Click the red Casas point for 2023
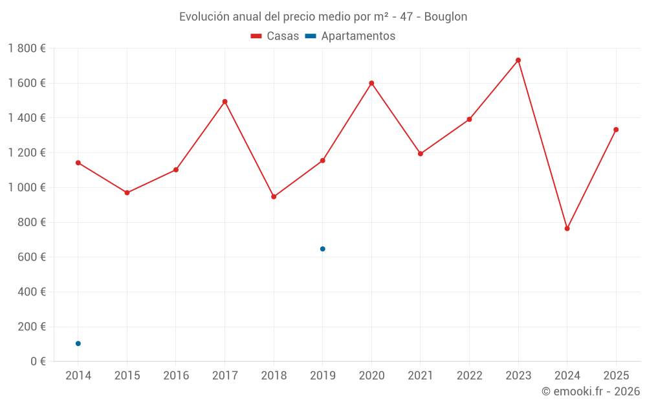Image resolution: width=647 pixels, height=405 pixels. pyautogui.click(x=518, y=60)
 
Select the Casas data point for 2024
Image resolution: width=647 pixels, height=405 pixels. pyautogui.click(x=567, y=229)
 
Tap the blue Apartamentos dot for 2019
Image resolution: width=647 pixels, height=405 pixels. pyautogui.click(x=323, y=249)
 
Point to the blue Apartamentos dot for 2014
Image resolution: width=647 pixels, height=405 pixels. pyautogui.click(x=78, y=343)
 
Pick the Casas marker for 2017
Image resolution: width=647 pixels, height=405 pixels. pyautogui.click(x=225, y=102)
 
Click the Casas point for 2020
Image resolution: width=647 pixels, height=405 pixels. pyautogui.click(x=371, y=83)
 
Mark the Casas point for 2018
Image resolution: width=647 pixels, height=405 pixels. pyautogui.click(x=274, y=196)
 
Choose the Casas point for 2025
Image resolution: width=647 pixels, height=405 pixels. pyautogui.click(x=616, y=130)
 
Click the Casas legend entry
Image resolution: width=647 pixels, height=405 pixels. pyautogui.click(x=275, y=36)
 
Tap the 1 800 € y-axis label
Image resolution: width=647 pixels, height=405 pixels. pyautogui.click(x=27, y=49)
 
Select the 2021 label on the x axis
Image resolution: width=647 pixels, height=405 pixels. pyautogui.click(x=421, y=376)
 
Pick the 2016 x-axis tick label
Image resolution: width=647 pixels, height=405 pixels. pyautogui.click(x=176, y=376)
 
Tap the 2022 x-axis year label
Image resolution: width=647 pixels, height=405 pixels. pyautogui.click(x=469, y=376)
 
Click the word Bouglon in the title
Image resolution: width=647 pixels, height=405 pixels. pyautogui.click(x=445, y=17)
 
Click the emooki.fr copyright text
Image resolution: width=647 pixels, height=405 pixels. pyautogui.click(x=590, y=391)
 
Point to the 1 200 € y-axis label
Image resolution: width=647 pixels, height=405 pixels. pyautogui.click(x=27, y=153)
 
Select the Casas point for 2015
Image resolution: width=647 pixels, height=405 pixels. pyautogui.click(x=127, y=192)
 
